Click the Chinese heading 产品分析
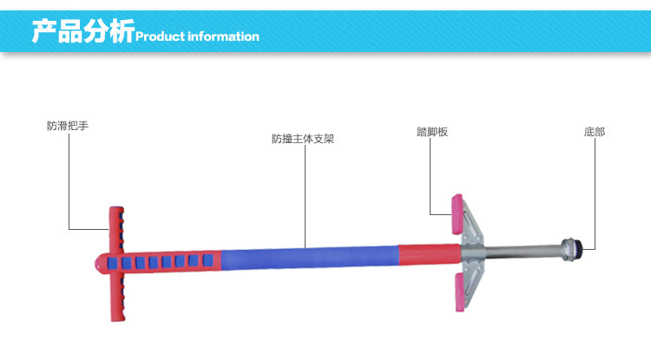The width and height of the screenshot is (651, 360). click(83, 30)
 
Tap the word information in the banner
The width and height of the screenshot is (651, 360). click(223, 36)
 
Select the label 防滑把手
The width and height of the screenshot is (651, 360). click(68, 126)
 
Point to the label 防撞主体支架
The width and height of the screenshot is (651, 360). click(303, 139)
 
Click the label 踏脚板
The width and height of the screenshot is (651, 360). click(432, 132)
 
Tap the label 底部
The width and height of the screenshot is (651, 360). click(595, 132)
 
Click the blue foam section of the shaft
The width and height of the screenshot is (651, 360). click(310, 258)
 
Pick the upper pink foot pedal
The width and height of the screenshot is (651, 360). click(457, 214)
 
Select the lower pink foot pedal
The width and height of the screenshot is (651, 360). click(459, 291)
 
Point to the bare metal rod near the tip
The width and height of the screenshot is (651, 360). click(523, 252)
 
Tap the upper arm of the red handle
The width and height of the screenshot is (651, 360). click(116, 229)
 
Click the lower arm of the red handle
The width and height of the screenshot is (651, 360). click(118, 297)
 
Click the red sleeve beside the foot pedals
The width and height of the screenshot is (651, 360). click(430, 254)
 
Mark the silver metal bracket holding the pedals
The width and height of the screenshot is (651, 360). click(472, 254)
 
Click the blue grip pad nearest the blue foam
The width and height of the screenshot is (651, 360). click(207, 260)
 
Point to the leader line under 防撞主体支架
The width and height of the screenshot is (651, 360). click(306, 196)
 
